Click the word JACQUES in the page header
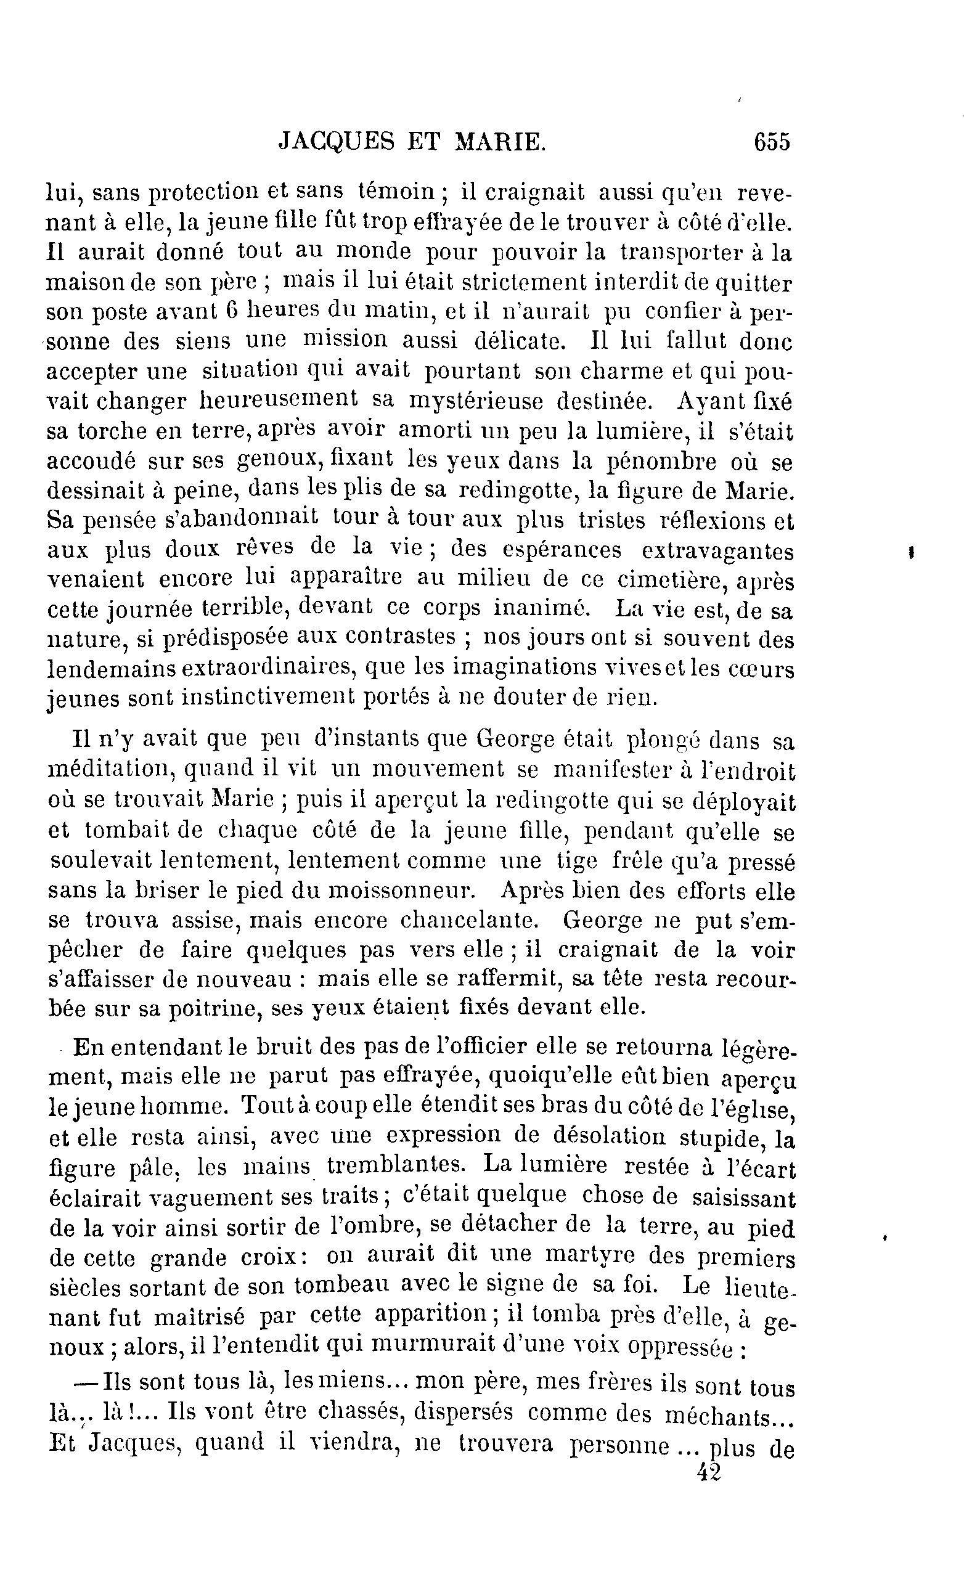[335, 141]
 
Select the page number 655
[772, 141]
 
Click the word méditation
[110, 769]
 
